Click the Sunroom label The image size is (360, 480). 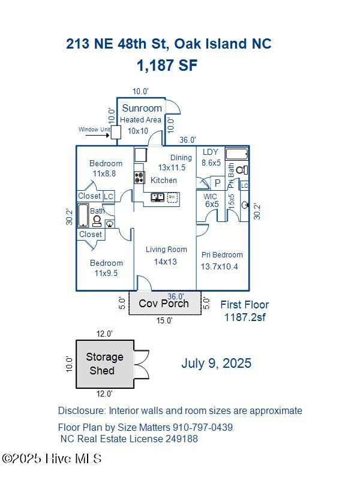pos(142,108)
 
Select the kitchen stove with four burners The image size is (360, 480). pos(139,178)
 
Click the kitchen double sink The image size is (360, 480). pos(158,197)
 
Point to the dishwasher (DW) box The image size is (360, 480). pos(172,197)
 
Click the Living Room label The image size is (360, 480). pos(166,250)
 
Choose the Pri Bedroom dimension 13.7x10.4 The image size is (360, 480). pos(219,266)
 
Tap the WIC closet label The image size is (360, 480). pos(210,196)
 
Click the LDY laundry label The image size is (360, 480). pos(211,152)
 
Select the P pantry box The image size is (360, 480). pos(217,183)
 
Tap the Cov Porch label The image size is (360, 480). pos(164,304)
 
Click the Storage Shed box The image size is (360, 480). pos(104,363)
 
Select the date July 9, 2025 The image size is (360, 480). pos(216,363)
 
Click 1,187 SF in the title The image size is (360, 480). pos(167,66)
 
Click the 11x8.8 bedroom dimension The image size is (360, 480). pos(104,173)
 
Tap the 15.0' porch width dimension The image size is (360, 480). pos(164,321)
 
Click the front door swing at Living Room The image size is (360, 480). pos(144,283)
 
